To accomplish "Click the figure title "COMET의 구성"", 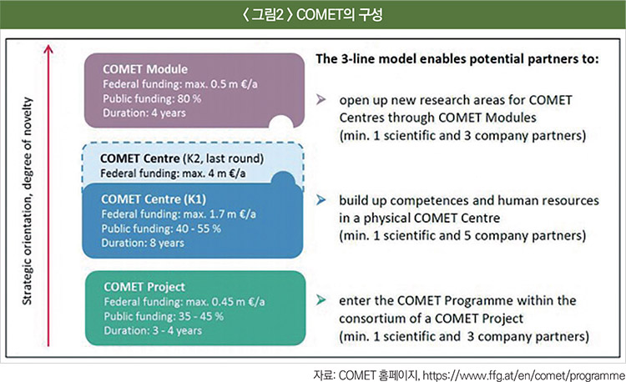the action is [x=340, y=14].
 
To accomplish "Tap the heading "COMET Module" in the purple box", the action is [x=145, y=69].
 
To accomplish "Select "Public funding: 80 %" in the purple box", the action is [x=152, y=98].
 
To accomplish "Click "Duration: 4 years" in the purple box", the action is [x=144, y=113].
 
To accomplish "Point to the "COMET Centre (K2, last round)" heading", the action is [x=182, y=158].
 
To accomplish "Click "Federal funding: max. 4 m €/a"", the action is [x=173, y=173].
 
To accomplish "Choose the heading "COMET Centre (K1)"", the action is [x=154, y=199].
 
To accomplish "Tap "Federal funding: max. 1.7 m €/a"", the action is [x=179, y=214].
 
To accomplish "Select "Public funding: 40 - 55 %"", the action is [x=161, y=229].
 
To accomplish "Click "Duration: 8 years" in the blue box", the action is [x=143, y=243].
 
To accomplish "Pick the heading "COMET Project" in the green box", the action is [x=144, y=287].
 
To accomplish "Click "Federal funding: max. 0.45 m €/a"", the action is [x=184, y=301].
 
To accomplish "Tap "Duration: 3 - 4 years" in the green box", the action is [x=153, y=330].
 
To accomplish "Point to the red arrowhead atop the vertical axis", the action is [x=48, y=48].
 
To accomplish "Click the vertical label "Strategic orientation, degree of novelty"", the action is [x=27, y=201].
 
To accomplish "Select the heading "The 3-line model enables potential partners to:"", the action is [x=457, y=59].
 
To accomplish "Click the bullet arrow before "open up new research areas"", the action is [x=321, y=100].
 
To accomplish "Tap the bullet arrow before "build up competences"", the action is [x=321, y=200].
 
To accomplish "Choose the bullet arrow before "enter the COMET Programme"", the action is [x=321, y=300].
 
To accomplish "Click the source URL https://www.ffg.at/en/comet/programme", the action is [x=523, y=375].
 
